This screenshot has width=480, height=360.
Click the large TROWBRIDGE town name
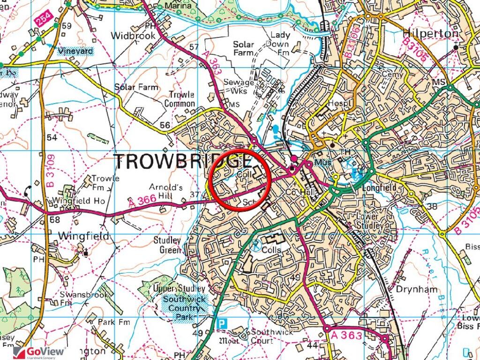[x=183, y=162]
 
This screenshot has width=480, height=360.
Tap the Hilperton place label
[x=430, y=34]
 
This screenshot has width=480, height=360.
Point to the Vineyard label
[x=75, y=51]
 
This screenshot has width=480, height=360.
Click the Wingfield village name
[x=84, y=236]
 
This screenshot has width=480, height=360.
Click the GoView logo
[x=39, y=352]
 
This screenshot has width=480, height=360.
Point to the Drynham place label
[x=416, y=289]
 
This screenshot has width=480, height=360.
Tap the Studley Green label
[x=167, y=246]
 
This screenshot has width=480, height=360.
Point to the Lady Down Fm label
[x=280, y=43]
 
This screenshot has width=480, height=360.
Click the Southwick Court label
[x=271, y=336]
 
